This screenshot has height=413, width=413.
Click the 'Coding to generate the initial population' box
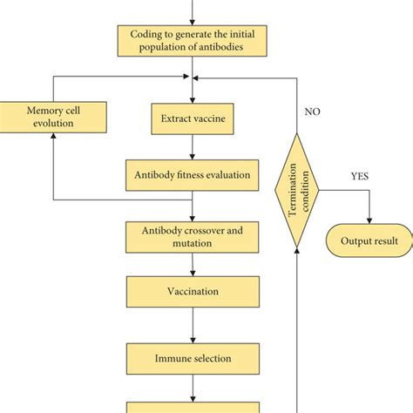192,39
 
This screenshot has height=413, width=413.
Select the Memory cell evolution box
54,116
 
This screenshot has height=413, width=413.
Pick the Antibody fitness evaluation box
192,174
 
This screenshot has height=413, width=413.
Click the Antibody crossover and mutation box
192,236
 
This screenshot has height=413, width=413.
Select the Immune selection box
192,355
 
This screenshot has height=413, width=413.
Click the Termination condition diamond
300,190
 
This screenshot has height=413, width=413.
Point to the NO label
312,112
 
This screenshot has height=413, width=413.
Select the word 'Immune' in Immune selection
173,355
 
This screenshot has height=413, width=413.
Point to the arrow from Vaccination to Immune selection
192,325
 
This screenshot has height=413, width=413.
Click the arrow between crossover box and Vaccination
192,265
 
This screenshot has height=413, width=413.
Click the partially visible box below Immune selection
192,407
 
